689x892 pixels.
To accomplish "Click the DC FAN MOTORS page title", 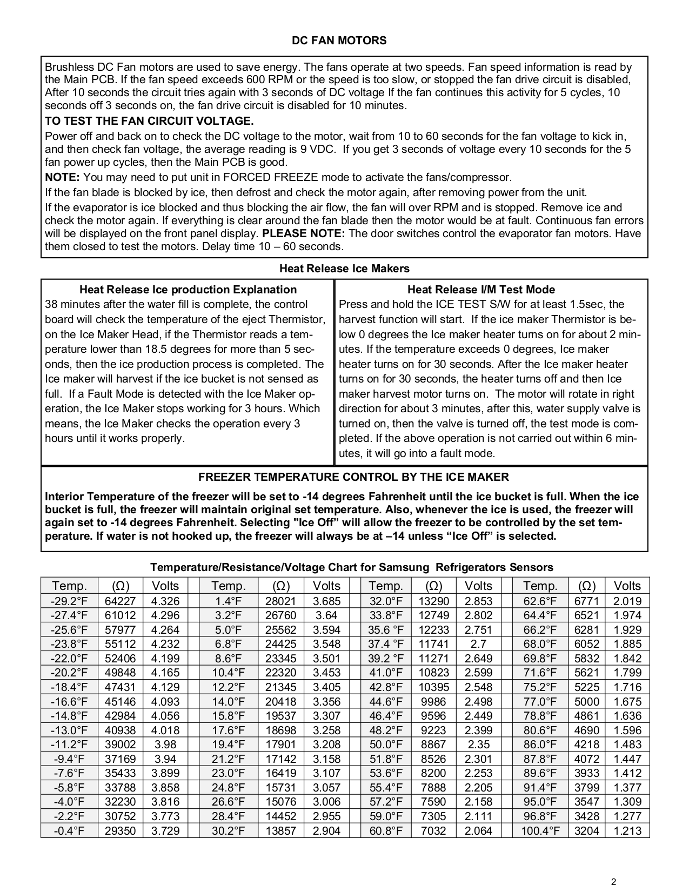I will pos(339,41).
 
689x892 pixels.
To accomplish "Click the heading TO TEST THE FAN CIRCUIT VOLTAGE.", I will pos(149,120).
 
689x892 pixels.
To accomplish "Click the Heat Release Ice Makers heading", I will pos(344,269).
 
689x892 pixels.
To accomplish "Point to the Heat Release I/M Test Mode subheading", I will pos(481,290).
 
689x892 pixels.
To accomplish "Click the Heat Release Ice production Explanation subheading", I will pos(188,290).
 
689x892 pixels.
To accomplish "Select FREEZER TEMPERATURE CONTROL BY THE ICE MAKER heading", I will pos(353,477).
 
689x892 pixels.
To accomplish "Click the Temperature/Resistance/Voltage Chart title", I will pos(351,567).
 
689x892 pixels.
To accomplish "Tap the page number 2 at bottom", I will pos(613,882).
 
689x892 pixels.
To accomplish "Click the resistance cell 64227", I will pos(120,601).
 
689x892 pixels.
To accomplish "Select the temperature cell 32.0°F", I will pos(386,601).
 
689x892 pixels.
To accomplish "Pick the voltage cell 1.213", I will pos(627,830).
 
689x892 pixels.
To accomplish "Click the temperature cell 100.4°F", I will pos(540,830).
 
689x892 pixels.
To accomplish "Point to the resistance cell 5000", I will pos(586,701).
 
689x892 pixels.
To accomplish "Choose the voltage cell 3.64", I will pos(326,615).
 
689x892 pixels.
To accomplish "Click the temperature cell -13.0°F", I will pos(69,730).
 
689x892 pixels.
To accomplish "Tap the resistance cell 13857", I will pos(280,830).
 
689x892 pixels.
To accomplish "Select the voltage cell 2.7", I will pos(478,644).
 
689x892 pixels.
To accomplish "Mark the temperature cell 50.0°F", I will pos(386,745).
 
